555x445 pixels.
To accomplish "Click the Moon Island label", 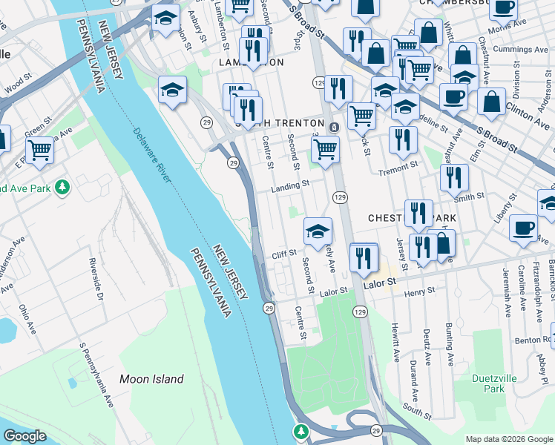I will [151, 379].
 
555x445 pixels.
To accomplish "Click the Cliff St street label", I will [284, 254].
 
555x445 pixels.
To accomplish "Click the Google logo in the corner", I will [24, 436].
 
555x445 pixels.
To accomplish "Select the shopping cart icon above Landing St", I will [325, 148].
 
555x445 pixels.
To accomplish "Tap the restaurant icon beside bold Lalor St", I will [364, 257].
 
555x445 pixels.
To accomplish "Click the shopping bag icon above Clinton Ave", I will [492, 102].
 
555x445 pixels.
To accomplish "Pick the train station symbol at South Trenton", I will [334, 127].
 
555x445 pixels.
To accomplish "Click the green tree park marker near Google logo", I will [301, 431].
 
